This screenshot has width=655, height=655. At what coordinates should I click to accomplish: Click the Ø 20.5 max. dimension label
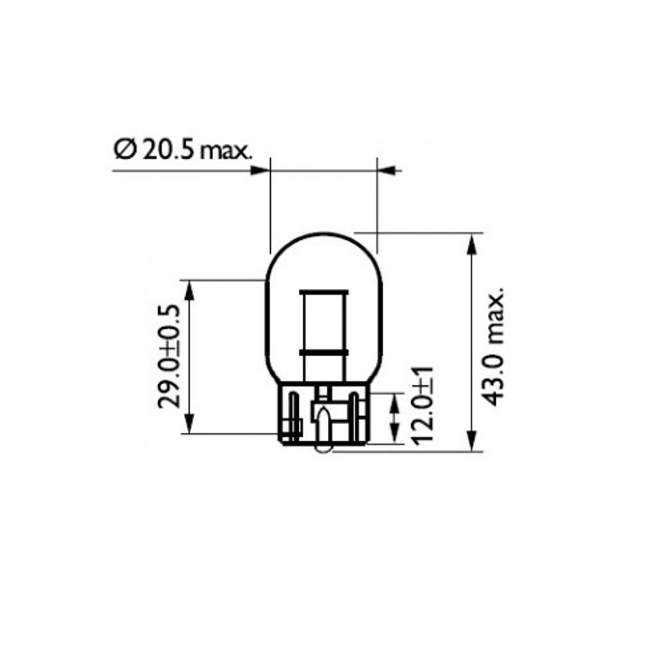click(x=183, y=151)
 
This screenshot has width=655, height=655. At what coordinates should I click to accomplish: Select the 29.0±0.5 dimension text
click(x=169, y=356)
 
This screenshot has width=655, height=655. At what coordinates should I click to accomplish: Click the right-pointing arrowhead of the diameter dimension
click(x=260, y=170)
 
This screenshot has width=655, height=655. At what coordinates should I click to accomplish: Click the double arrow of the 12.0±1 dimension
click(x=395, y=418)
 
